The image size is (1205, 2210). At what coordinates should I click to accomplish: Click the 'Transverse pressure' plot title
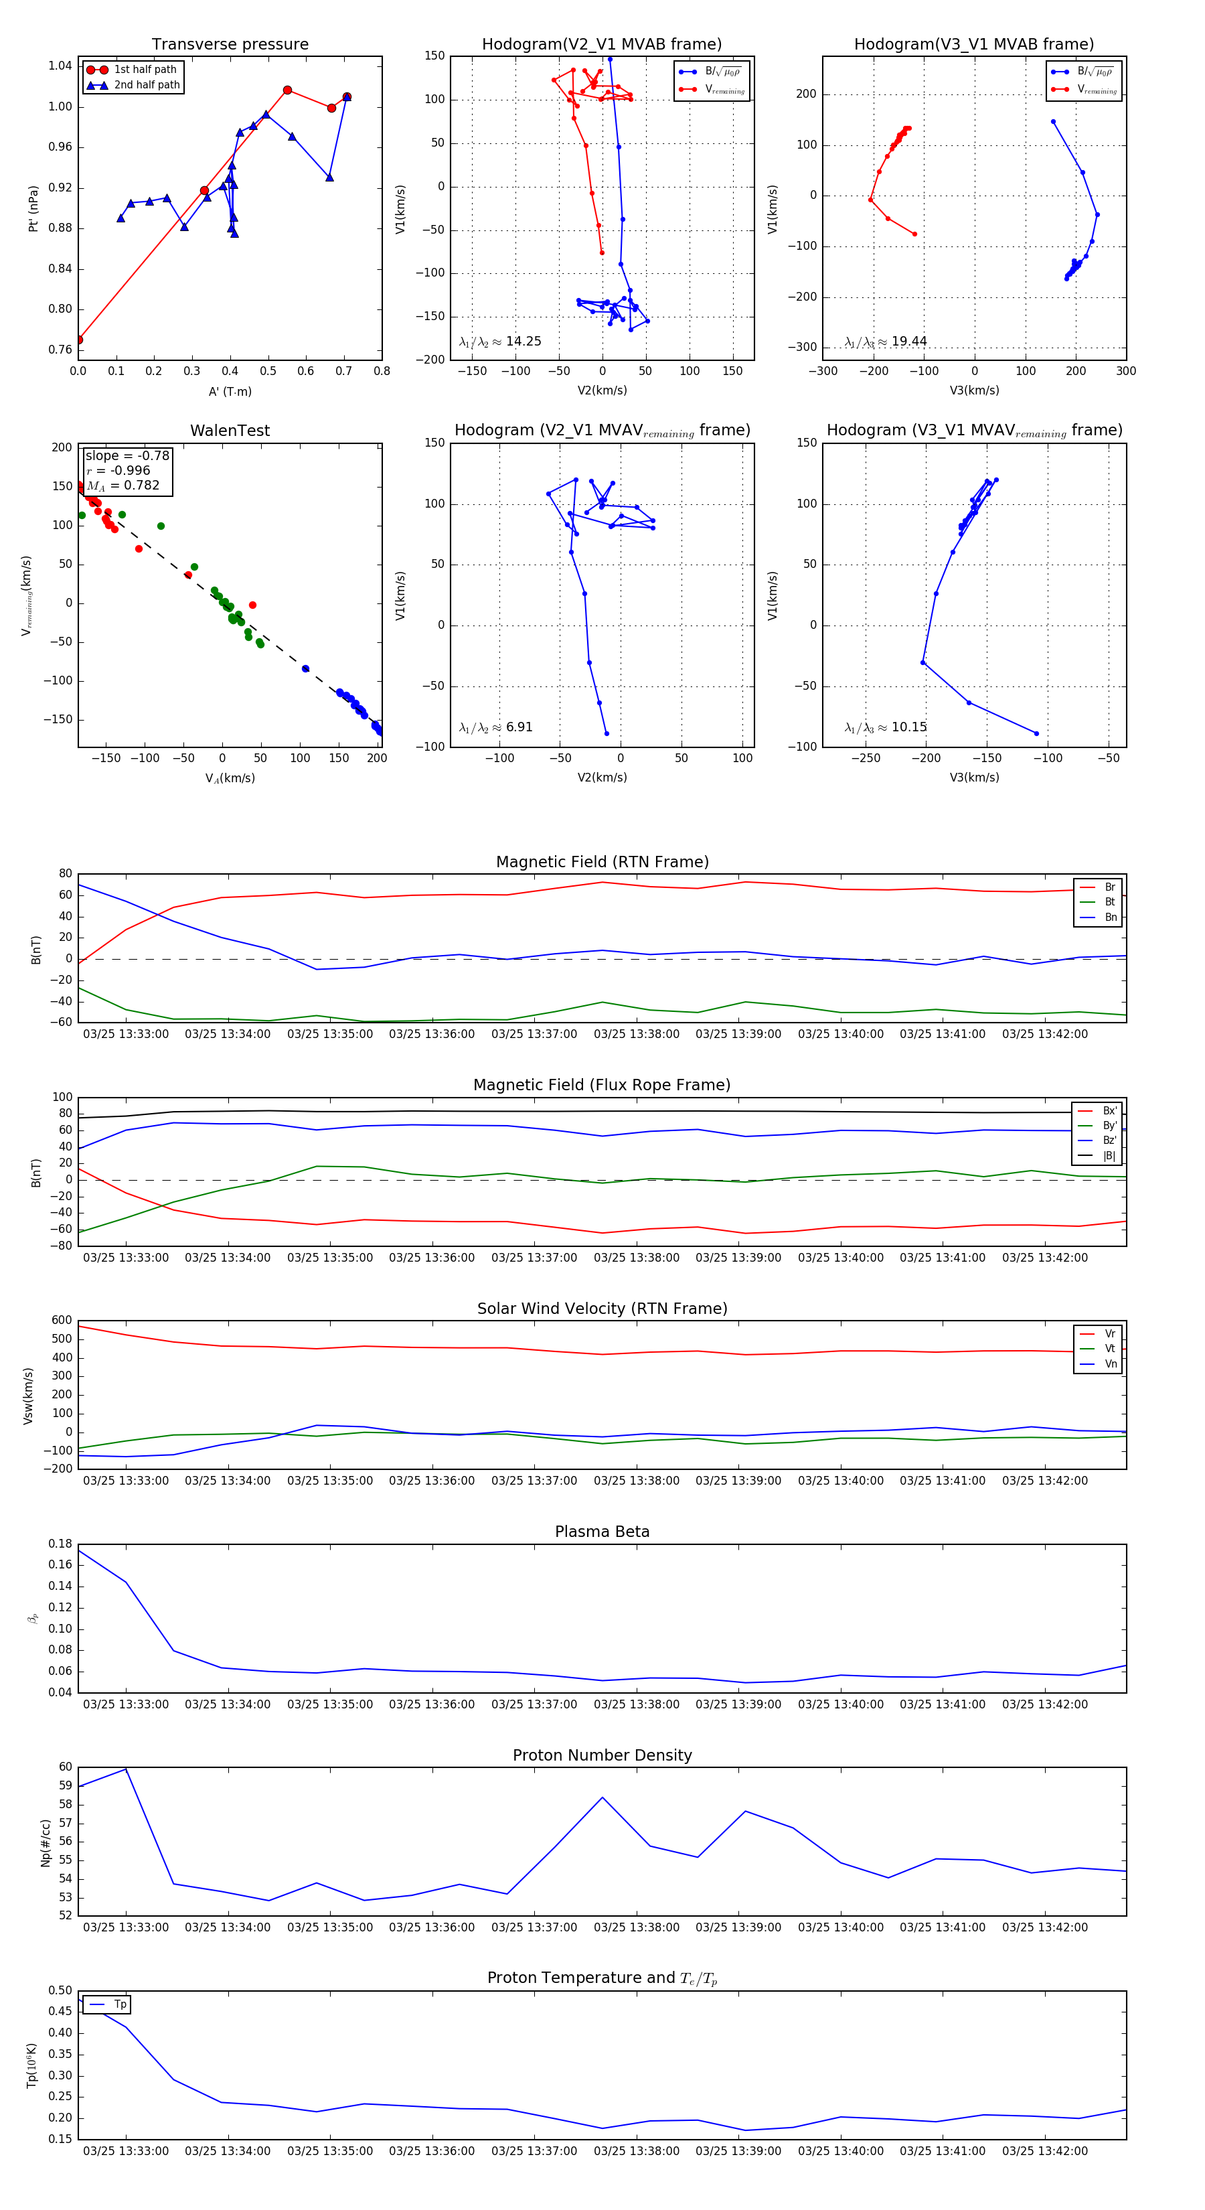pyautogui.click(x=230, y=45)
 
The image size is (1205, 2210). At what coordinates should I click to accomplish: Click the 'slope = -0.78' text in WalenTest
pyautogui.click(x=127, y=455)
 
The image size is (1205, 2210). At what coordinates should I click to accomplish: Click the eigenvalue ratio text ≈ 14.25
pyautogui.click(x=500, y=342)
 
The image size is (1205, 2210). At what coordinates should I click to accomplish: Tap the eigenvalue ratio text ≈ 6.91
pyautogui.click(x=495, y=727)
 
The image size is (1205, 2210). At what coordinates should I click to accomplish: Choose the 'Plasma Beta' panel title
pyautogui.click(x=602, y=1532)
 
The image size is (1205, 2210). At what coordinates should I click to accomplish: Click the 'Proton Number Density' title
pyautogui.click(x=602, y=1755)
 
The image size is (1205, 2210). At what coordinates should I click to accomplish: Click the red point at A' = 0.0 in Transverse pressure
pyautogui.click(x=79, y=340)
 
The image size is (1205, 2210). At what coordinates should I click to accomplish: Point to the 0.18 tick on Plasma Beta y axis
pyautogui.click(x=60, y=1544)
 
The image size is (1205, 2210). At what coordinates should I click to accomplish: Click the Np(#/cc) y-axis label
pyautogui.click(x=46, y=1843)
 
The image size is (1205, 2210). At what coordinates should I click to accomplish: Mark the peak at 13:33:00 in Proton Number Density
pyautogui.click(x=126, y=1769)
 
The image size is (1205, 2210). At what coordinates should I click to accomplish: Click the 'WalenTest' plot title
pyautogui.click(x=230, y=431)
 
